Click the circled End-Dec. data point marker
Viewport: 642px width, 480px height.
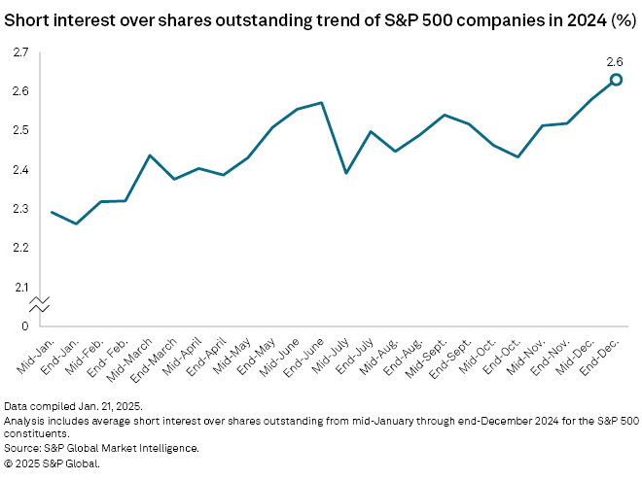(616, 80)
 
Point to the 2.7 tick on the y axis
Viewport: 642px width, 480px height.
(20, 51)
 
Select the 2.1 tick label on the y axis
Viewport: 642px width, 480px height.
(20, 288)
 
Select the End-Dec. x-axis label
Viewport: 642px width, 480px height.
(603, 354)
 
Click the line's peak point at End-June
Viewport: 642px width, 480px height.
(321, 102)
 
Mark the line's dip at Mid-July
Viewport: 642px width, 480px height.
(346, 173)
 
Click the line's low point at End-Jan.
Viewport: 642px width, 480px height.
(77, 223)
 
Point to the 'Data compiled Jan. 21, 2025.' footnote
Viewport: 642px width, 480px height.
(72, 404)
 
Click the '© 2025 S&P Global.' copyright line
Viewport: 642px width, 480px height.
(53, 463)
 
